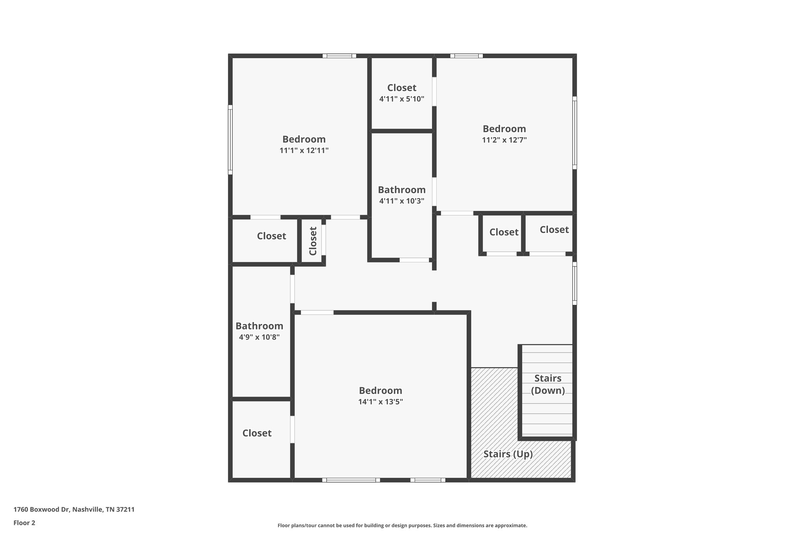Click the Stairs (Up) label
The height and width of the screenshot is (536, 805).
(508, 454)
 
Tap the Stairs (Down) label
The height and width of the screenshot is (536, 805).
(548, 384)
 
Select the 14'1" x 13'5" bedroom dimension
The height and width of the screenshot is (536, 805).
(380, 402)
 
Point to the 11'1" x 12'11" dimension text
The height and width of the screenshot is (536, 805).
(304, 150)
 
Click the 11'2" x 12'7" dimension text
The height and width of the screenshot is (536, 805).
(504, 140)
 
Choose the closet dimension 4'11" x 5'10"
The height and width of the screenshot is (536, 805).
(402, 99)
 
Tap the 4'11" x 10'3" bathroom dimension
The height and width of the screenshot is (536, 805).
(402, 201)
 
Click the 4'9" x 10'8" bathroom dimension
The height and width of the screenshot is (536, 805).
(259, 337)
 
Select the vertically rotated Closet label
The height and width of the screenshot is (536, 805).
(313, 241)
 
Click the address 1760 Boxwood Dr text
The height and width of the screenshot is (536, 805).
(74, 510)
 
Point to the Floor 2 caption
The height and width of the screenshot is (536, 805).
(24, 523)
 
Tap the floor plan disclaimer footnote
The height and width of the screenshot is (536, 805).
(402, 525)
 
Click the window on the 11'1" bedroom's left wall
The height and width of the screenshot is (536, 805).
(230, 139)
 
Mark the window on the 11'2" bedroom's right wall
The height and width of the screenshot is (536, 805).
(575, 133)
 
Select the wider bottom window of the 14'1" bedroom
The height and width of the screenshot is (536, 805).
(351, 480)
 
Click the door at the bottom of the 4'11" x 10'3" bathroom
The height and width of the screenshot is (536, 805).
(414, 260)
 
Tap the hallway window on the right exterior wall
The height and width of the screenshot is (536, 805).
(575, 284)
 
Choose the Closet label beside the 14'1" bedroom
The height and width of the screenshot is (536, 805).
(257, 433)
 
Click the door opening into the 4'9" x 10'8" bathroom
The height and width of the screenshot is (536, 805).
(292, 289)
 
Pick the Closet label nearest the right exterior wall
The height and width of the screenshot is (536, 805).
(554, 230)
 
